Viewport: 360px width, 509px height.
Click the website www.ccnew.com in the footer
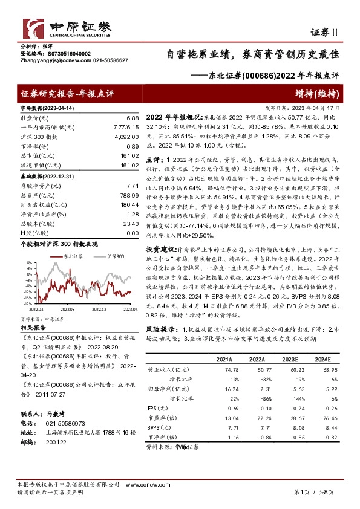click(140, 485)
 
